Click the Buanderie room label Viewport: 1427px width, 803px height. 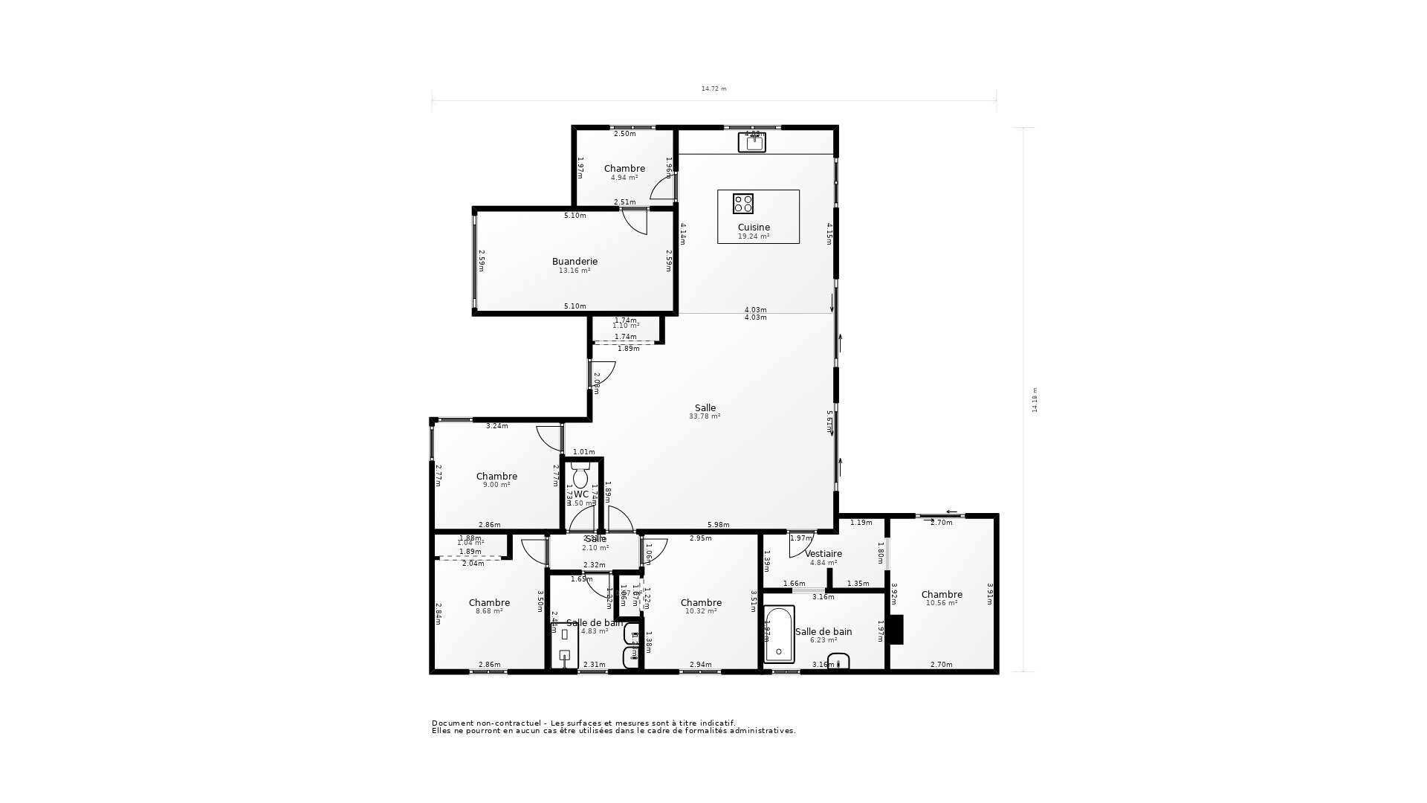pyautogui.click(x=575, y=262)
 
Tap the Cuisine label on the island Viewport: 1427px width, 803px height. pyautogui.click(x=754, y=228)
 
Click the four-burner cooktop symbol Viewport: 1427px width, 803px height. pyautogui.click(x=743, y=204)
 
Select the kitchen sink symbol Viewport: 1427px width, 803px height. pyautogui.click(x=752, y=143)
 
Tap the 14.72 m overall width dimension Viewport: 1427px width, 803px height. pyautogui.click(x=713, y=89)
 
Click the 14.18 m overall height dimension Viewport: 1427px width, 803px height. pyautogui.click(x=1035, y=399)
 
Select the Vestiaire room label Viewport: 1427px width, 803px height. pyautogui.click(x=823, y=554)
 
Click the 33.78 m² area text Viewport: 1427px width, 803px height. pyautogui.click(x=705, y=417)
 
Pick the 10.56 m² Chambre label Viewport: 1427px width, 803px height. pyautogui.click(x=942, y=595)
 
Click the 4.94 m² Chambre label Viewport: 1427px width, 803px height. pyautogui.click(x=624, y=169)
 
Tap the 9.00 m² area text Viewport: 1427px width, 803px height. pyautogui.click(x=496, y=486)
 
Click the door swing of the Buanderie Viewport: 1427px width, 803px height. pyautogui.click(x=633, y=222)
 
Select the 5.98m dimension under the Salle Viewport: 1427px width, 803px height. pyautogui.click(x=719, y=525)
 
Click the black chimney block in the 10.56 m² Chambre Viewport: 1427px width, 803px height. pyautogui.click(x=896, y=630)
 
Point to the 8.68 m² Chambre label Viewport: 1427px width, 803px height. pyautogui.click(x=489, y=603)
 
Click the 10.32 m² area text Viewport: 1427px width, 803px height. pyautogui.click(x=701, y=611)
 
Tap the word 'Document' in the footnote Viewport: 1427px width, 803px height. pyautogui.click(x=448, y=723)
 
